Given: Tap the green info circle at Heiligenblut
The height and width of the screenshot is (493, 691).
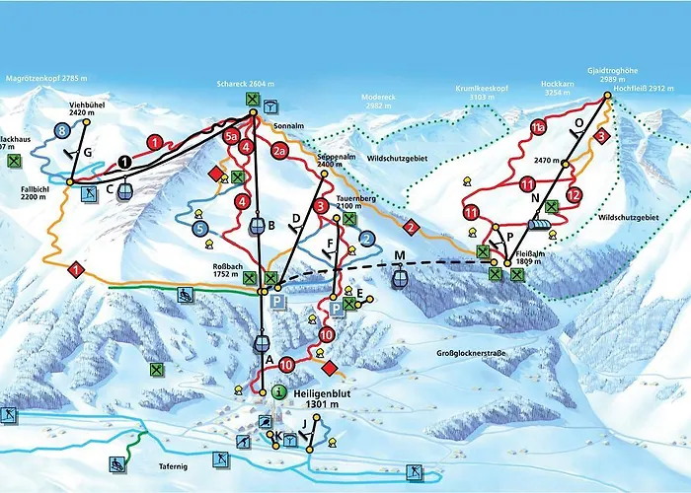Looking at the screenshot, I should (279, 392).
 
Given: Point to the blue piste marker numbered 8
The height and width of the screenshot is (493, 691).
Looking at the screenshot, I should (62, 129).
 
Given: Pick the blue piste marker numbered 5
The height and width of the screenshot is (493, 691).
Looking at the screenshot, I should (200, 229).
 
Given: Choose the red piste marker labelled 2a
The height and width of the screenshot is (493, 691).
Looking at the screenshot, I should (279, 151).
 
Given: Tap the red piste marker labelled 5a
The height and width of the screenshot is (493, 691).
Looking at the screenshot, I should (232, 136).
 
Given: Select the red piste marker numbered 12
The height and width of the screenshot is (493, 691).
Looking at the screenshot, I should (575, 194).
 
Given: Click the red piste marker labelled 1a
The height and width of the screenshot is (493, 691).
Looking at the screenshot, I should (538, 127).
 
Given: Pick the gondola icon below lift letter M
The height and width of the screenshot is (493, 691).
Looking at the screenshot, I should (399, 278).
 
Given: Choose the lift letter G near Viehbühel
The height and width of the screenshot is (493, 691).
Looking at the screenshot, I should (87, 152).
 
